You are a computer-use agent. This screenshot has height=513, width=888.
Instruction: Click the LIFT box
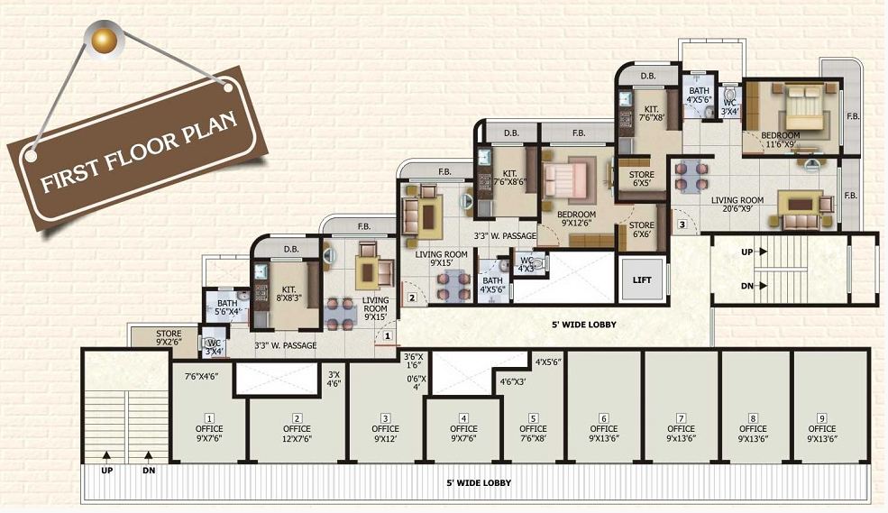point(642,279)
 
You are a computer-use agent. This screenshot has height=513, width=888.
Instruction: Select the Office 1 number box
point(208,418)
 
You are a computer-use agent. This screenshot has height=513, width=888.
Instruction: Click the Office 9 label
point(821,434)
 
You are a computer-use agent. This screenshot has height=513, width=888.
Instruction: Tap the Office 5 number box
point(533,417)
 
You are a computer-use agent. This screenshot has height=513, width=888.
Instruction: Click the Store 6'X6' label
point(642,230)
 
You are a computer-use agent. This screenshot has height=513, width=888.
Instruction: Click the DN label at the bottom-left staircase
point(149,469)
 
